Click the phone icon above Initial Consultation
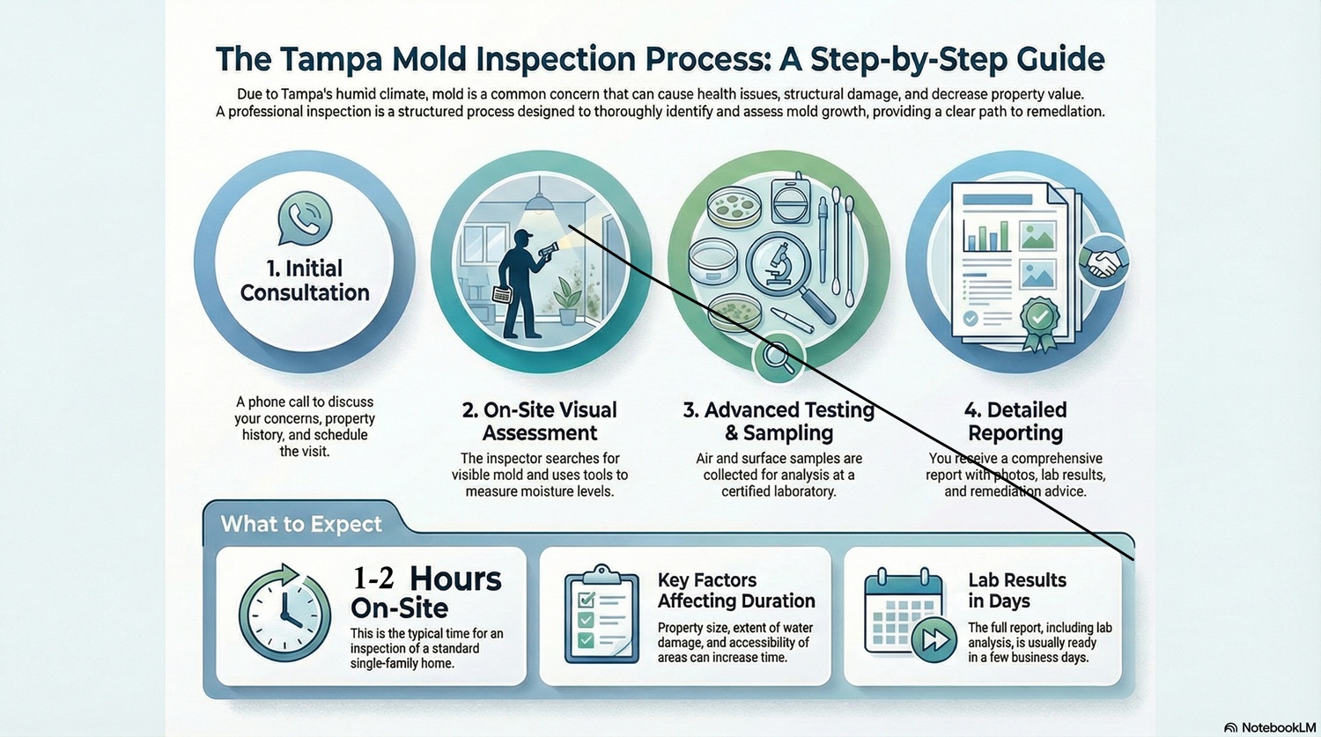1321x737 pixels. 305,217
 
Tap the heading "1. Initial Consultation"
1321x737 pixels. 305,281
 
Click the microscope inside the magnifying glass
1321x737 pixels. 779,263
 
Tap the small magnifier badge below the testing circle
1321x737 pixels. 777,356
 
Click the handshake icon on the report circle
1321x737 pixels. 1103,261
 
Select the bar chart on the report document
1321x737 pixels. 986,235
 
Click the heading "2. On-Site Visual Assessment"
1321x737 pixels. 540,421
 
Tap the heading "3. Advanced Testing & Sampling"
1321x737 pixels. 779,421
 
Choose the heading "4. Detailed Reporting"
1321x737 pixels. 1015,421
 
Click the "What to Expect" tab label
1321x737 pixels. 301,524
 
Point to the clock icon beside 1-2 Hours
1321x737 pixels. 284,612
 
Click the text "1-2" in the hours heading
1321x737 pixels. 373,579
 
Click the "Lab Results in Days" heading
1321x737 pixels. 1017,591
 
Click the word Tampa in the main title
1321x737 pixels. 330,59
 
